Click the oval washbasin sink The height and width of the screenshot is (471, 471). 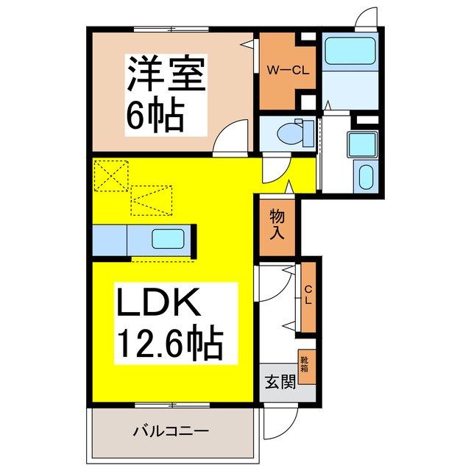[366, 177]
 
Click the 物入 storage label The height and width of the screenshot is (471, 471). [277, 224]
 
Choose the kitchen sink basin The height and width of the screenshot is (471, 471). [168, 239]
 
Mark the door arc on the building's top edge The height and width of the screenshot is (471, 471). [365, 16]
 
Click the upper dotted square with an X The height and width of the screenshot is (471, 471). [112, 175]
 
